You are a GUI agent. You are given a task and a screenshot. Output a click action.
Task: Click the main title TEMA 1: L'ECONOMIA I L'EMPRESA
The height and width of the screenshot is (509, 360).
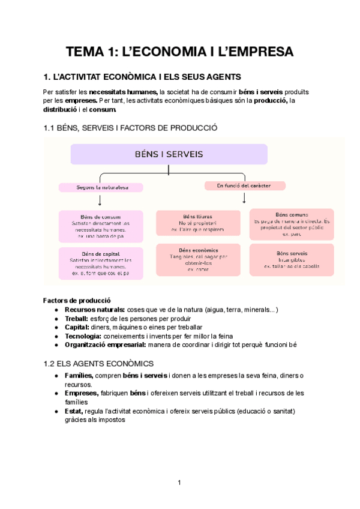point(179,52)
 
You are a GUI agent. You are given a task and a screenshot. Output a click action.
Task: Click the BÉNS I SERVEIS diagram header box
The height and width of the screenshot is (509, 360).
point(169,154)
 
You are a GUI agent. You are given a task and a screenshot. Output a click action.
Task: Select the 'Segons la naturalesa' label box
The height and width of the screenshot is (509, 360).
point(101,187)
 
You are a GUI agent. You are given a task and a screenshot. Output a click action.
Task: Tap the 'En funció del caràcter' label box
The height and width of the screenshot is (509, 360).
point(244,185)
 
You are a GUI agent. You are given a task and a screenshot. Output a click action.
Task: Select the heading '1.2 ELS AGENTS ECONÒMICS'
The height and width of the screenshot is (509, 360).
point(98,363)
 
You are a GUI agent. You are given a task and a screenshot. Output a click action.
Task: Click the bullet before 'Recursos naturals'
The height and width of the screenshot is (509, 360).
point(56,309)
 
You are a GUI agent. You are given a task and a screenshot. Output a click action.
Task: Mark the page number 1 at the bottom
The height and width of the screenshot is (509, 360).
point(179,483)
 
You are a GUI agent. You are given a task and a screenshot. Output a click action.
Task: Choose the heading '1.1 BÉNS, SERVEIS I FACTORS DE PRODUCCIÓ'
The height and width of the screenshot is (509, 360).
point(130,128)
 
